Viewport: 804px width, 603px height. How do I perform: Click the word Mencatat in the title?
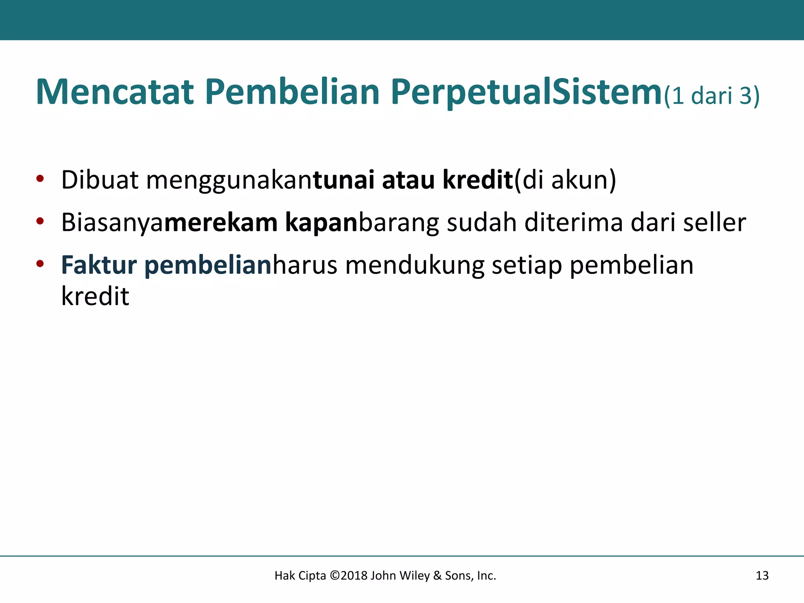pyautogui.click(x=115, y=92)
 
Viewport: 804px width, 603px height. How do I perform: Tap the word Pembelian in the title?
pyautogui.click(x=292, y=92)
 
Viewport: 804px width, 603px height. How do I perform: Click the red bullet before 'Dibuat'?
pyautogui.click(x=40, y=179)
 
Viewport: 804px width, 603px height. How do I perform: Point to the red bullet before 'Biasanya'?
pyautogui.click(x=40, y=221)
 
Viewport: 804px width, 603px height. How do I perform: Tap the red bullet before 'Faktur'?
pyautogui.click(x=40, y=264)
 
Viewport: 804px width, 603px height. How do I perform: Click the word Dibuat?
pyautogui.click(x=100, y=180)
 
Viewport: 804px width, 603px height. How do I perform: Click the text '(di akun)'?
pyautogui.click(x=565, y=180)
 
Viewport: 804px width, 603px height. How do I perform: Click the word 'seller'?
pyautogui.click(x=714, y=223)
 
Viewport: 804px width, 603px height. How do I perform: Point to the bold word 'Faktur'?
pyautogui.click(x=99, y=265)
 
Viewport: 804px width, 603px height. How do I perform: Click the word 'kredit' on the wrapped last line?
pyautogui.click(x=95, y=296)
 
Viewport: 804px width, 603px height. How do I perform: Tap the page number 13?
pyautogui.click(x=762, y=576)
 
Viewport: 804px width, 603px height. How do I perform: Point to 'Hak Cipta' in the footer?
pyautogui.click(x=300, y=576)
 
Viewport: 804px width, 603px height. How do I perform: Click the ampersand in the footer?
pyautogui.click(x=437, y=576)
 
